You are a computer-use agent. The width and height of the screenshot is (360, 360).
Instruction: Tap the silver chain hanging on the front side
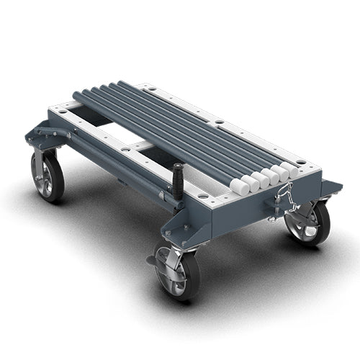(287, 198)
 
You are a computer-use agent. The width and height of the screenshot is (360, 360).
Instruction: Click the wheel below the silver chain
(308, 223)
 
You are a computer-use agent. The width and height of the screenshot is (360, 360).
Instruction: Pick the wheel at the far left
(48, 175)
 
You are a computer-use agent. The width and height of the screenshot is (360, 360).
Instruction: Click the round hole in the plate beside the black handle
(201, 194)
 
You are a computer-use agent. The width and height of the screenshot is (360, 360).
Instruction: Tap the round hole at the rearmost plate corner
(152, 89)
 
